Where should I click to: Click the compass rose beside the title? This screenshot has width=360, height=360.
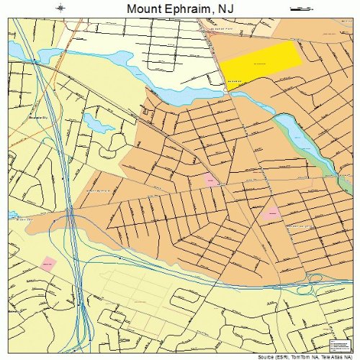point(59,9)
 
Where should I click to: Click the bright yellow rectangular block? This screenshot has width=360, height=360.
point(261,62)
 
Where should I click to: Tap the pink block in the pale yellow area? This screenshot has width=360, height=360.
point(48,264)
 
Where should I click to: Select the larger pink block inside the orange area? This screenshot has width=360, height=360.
point(271,212)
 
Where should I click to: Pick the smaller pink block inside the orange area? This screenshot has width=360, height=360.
point(211,179)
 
